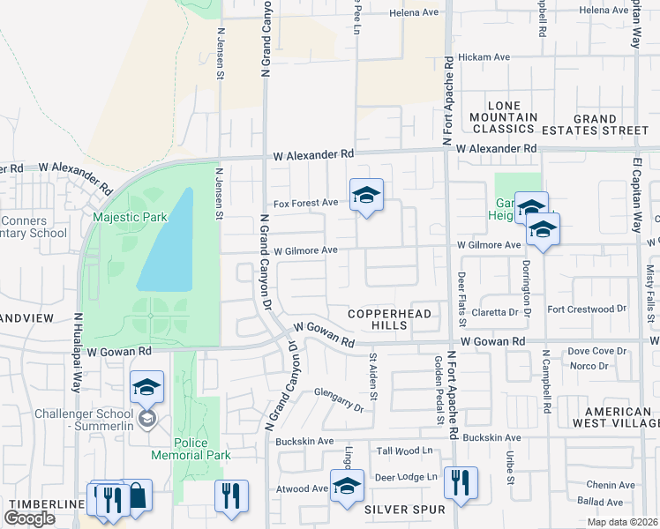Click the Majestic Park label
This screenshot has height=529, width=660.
coord(130,216)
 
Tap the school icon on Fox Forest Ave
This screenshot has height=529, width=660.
coord(366,196)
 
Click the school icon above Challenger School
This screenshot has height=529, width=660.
coord(146,386)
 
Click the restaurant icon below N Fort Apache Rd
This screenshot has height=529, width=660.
coord(461,482)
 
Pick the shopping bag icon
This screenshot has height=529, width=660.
coord(136,496)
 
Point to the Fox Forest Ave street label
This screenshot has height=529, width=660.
coord(306,203)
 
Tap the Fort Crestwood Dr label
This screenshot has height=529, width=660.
coord(586,309)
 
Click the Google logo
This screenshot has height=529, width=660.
coord(29,518)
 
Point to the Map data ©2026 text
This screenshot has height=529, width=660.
coord(622,522)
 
